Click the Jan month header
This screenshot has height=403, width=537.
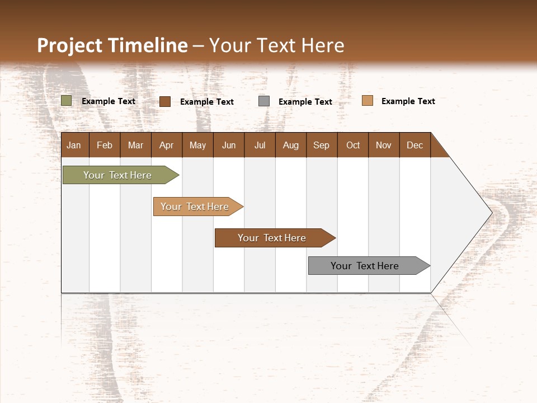click(x=74, y=145)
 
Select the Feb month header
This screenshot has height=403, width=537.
click(x=105, y=145)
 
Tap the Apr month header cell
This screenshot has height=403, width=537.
click(x=166, y=145)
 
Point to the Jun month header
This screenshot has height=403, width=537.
click(x=229, y=145)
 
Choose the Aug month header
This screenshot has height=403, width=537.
click(x=290, y=145)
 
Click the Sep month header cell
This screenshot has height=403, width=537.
click(x=322, y=145)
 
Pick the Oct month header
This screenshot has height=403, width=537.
click(x=353, y=145)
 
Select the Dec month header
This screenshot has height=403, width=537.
click(x=414, y=145)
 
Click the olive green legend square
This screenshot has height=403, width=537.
click(x=67, y=101)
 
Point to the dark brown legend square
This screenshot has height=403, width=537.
click(x=165, y=101)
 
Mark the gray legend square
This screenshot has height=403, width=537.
click(x=264, y=101)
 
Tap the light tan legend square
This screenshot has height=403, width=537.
click(x=368, y=101)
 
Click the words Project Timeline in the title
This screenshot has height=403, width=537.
click(x=112, y=45)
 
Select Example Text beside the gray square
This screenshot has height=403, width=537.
click(x=305, y=101)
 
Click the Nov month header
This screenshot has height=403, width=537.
click(x=384, y=145)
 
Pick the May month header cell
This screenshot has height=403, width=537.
click(x=197, y=145)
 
